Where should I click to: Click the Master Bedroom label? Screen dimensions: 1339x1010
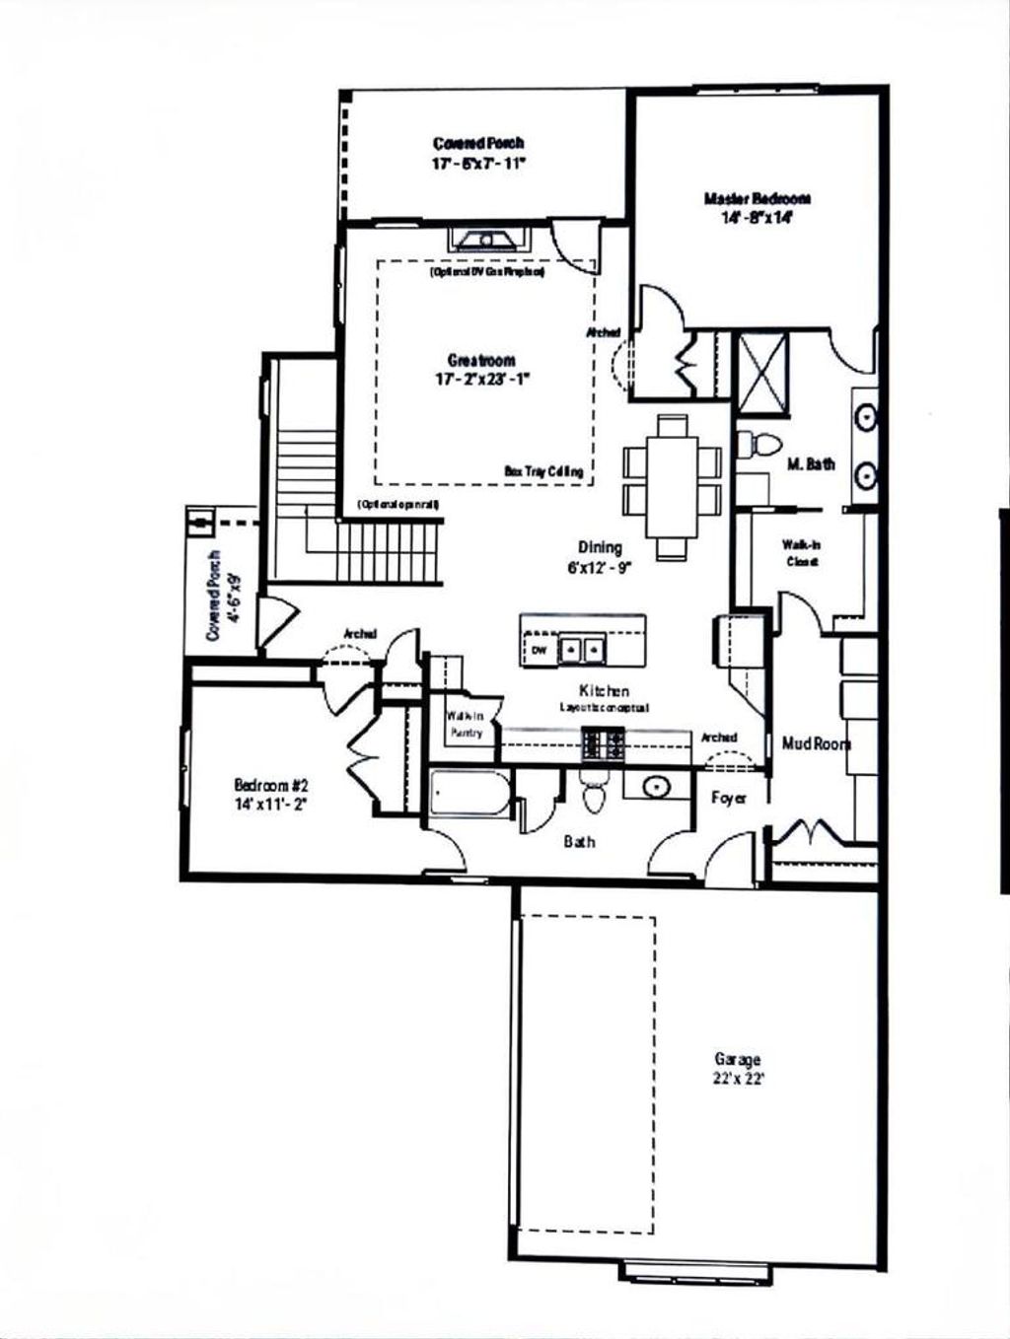(x=744, y=198)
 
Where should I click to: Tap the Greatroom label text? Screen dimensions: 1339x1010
(x=481, y=361)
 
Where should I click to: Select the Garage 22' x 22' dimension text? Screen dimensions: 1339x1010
(x=738, y=1078)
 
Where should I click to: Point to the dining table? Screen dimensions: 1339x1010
(x=673, y=487)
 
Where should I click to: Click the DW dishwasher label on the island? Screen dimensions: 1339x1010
(x=540, y=651)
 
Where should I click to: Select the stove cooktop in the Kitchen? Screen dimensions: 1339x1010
(x=602, y=742)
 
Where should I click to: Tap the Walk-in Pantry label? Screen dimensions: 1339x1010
(x=465, y=726)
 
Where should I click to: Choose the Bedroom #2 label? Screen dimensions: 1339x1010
(x=272, y=786)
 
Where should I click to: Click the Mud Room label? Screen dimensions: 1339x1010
(x=816, y=743)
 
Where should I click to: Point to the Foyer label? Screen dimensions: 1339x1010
(x=729, y=798)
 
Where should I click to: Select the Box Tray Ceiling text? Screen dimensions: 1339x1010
(x=543, y=472)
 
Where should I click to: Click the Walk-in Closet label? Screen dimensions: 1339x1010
(x=802, y=552)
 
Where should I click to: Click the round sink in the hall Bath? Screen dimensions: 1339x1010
(x=656, y=787)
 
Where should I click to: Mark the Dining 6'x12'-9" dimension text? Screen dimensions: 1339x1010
(x=600, y=567)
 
